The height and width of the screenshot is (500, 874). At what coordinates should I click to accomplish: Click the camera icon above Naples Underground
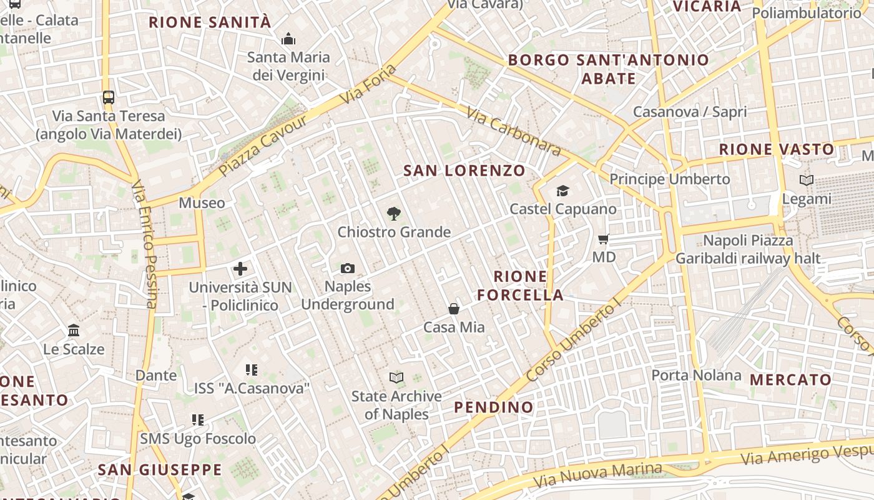(x=348, y=268)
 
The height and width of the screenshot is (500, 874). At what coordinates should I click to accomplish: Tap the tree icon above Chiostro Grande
(x=393, y=214)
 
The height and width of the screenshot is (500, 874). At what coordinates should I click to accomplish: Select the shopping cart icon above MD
(x=603, y=239)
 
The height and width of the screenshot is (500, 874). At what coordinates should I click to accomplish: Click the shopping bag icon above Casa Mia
(x=454, y=309)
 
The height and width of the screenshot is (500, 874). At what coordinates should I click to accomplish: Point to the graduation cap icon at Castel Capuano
(x=562, y=191)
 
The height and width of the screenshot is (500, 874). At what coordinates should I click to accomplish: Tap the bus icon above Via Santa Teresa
(x=109, y=97)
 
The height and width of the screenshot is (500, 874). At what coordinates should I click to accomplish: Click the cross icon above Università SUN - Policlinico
(x=240, y=269)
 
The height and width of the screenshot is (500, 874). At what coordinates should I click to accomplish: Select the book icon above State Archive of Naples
(x=396, y=377)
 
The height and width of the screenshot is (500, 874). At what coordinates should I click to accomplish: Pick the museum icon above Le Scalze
(x=74, y=330)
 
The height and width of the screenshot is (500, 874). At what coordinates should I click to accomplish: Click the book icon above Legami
(x=807, y=181)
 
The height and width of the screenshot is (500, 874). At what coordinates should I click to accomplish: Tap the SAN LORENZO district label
(x=464, y=171)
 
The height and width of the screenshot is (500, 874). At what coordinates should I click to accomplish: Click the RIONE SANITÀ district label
(x=210, y=22)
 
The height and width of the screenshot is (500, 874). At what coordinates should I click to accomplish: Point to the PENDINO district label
(x=494, y=407)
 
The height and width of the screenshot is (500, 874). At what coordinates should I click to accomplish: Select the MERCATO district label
(x=790, y=379)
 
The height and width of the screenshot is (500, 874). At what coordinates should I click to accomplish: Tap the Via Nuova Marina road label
(x=597, y=475)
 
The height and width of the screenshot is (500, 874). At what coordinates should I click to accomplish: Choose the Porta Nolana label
(x=696, y=375)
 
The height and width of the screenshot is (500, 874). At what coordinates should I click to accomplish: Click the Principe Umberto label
(x=669, y=179)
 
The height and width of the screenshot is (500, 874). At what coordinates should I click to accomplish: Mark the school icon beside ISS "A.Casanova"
(x=252, y=370)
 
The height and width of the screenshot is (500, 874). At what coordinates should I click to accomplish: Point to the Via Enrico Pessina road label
(x=145, y=244)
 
